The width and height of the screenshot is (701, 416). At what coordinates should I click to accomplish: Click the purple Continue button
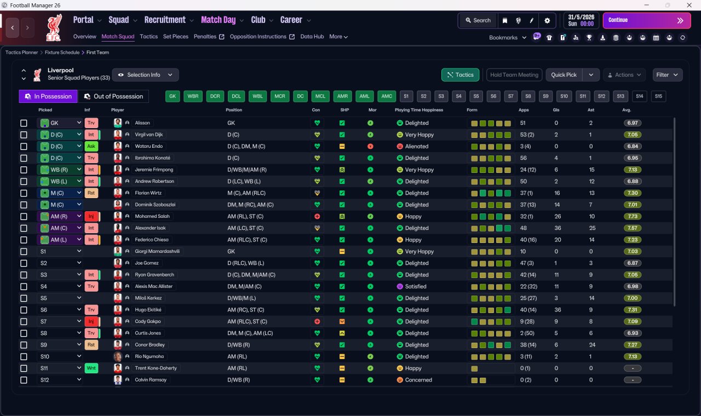pos(647,20)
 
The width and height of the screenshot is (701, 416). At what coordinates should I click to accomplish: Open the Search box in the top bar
pos(478,20)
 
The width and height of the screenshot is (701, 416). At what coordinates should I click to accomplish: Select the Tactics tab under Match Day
pos(148,37)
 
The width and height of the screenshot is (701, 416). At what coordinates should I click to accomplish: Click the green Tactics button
pos(460,75)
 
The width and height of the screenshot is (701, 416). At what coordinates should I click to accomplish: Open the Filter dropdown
pos(667,75)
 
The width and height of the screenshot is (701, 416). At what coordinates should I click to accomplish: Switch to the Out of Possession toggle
pos(113,96)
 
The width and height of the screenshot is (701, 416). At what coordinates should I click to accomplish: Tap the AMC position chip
pos(387,96)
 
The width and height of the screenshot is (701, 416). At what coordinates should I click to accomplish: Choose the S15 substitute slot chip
pos(658,96)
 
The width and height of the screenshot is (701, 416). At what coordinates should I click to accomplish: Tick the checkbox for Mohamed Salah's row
pos(24,216)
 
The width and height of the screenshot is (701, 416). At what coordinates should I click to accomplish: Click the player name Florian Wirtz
pos(148,193)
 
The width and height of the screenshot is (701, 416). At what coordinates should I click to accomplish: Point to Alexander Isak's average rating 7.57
pos(633,228)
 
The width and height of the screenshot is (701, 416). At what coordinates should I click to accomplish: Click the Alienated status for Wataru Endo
pos(417,146)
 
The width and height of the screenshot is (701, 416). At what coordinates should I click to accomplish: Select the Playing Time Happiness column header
pos(419,110)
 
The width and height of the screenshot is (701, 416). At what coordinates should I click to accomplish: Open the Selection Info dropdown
pos(145,75)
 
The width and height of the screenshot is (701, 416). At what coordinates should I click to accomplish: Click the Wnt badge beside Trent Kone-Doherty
pos(91,368)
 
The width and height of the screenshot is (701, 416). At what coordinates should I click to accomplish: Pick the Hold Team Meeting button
pos(514,75)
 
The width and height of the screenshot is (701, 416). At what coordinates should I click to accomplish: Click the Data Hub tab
pos(312,37)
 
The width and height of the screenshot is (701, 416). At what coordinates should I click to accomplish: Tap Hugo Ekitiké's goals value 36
pos(558,310)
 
